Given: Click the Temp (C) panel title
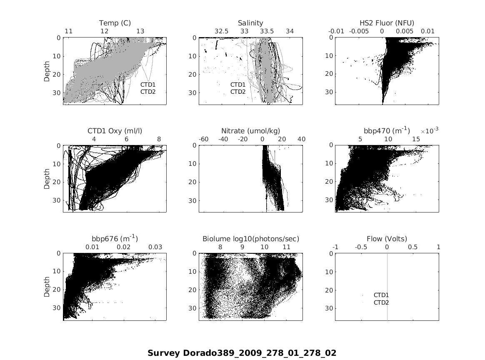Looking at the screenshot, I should pyautogui.click(x=115, y=23).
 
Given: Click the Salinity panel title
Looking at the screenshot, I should pyautogui.click(x=250, y=23).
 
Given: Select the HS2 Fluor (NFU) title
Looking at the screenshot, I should pyautogui.click(x=387, y=23).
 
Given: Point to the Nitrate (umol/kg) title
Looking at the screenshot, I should pyautogui.click(x=250, y=131).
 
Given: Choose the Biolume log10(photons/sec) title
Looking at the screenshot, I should pyautogui.click(x=250, y=239).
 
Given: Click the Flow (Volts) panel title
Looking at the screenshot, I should pyautogui.click(x=387, y=239).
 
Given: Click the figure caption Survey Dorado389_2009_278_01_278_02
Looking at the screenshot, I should pyautogui.click(x=242, y=353).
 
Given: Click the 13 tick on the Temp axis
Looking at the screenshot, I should pyautogui.click(x=140, y=31).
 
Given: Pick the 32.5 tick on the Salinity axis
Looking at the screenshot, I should pyautogui.click(x=221, y=31).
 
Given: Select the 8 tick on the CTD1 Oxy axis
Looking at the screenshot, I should pyautogui.click(x=159, y=139).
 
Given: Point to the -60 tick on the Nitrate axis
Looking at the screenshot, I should pyautogui.click(x=204, y=139).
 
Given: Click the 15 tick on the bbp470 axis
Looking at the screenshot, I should pyautogui.click(x=416, y=139).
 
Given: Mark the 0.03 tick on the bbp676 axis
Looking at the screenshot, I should pyautogui.click(x=155, y=247).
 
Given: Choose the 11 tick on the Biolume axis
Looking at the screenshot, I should pyautogui.click(x=286, y=247).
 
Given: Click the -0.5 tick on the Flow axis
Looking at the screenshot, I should pyautogui.click(x=361, y=247).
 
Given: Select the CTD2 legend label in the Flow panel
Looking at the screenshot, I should pyautogui.click(x=381, y=302).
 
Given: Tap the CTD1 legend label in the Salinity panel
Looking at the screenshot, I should pyautogui.click(x=238, y=85).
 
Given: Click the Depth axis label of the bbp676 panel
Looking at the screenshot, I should pyautogui.click(x=47, y=287).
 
